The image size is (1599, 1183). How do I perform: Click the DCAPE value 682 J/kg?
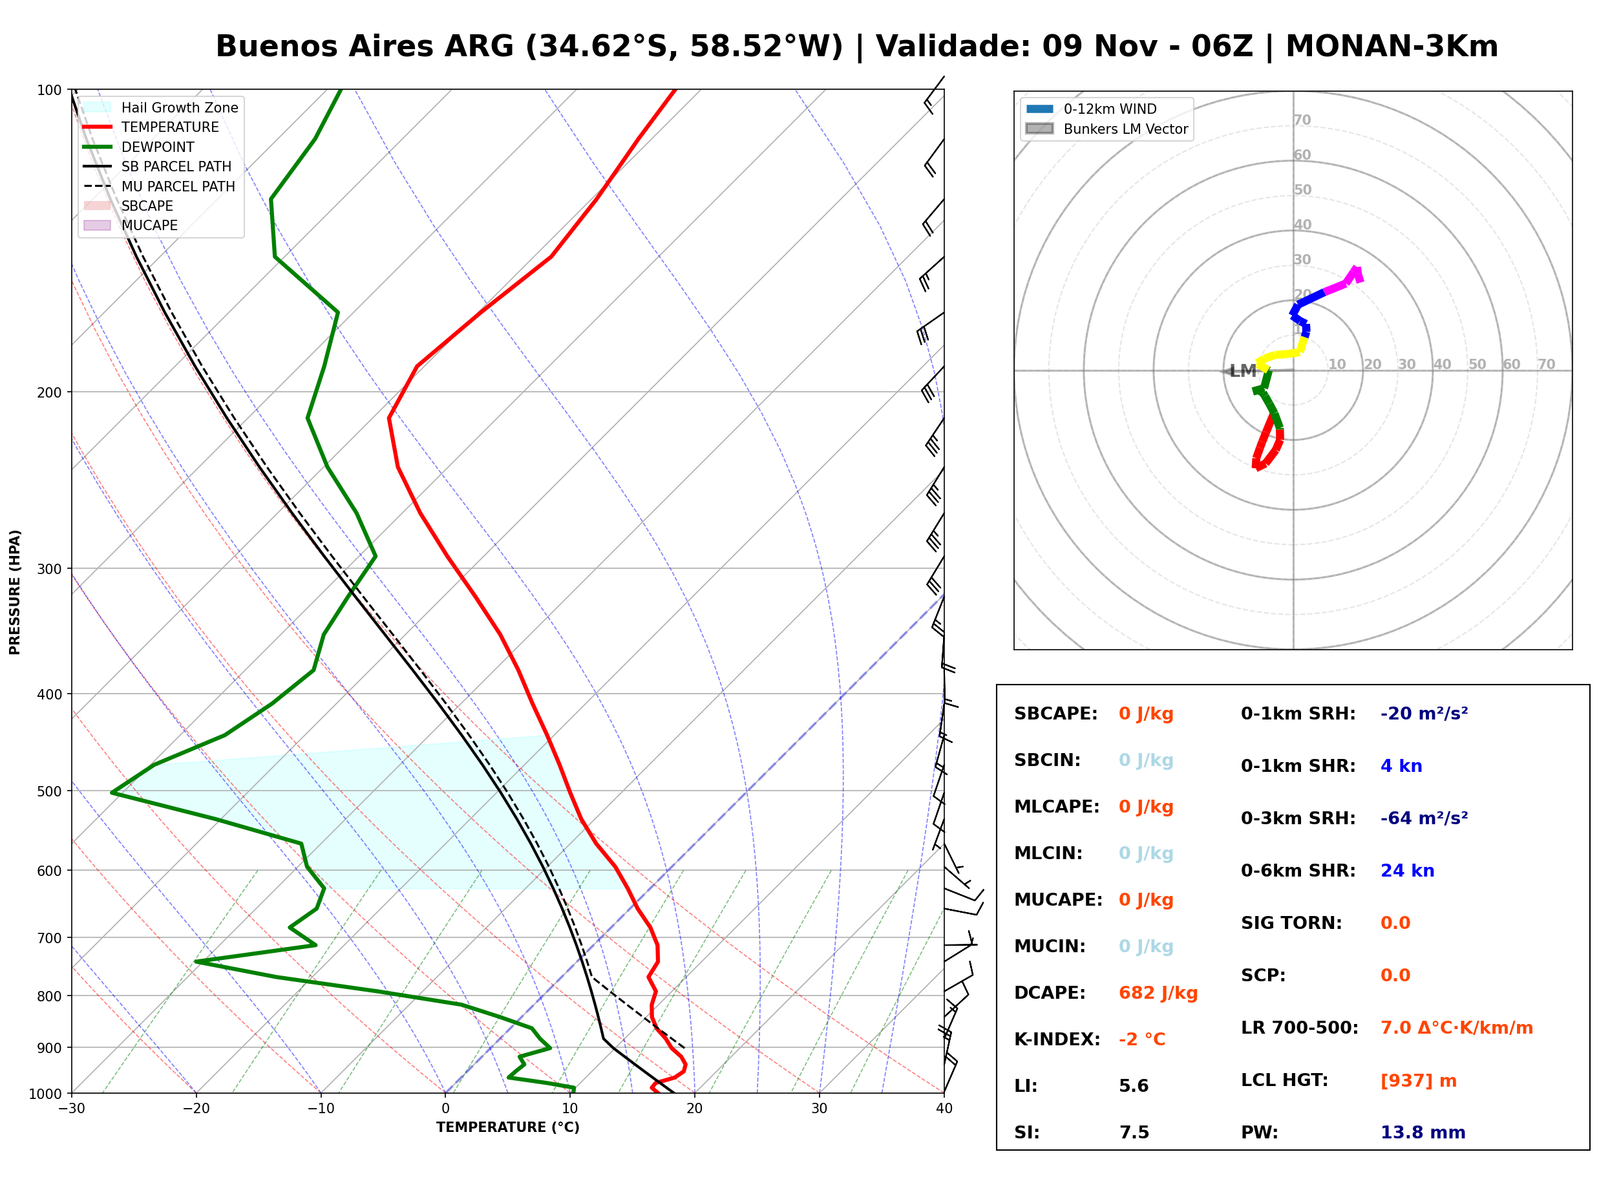click(1158, 993)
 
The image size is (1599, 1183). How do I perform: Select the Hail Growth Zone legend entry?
click(160, 107)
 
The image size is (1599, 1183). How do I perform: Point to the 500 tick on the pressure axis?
click(51, 791)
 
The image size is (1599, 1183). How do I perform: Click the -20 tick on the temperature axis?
click(195, 1109)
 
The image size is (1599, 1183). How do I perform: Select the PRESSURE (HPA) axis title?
click(15, 592)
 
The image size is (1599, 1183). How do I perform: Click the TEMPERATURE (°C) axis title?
click(507, 1127)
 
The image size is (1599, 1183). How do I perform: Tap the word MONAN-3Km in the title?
click(1392, 47)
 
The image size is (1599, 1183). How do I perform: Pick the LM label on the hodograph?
click(1242, 371)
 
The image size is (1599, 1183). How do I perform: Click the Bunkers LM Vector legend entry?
click(1107, 129)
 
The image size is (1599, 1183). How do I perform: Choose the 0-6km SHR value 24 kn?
click(1407, 871)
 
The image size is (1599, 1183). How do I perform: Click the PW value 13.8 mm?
click(1422, 1133)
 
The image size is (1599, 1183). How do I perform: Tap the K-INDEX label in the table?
click(1057, 1039)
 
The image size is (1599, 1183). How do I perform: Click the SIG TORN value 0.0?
click(1395, 923)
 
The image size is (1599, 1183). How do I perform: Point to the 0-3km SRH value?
click(1424, 818)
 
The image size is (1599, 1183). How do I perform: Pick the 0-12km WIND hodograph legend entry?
click(1091, 109)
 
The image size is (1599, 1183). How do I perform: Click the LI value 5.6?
click(1133, 1086)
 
